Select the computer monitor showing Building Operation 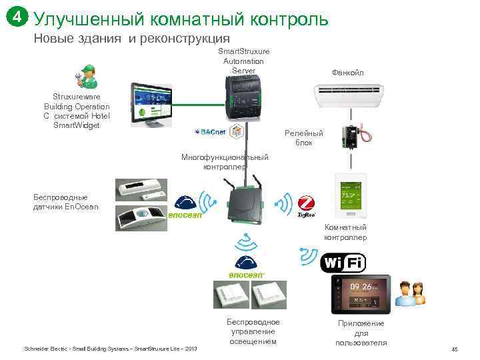pos(153,103)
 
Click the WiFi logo pos(343,263)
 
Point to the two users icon pos(411,293)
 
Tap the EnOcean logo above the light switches pos(246,267)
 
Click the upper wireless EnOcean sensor pos(139,189)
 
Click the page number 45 pos(454,349)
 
